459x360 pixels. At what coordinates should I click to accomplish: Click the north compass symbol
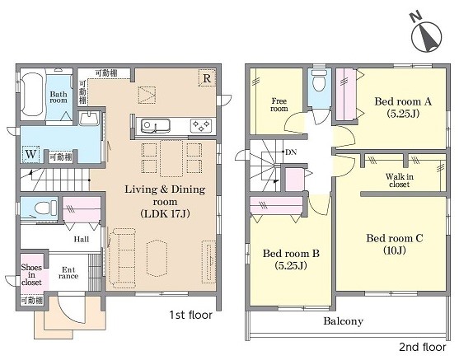(426, 36)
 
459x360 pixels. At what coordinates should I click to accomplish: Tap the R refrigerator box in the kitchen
(207, 78)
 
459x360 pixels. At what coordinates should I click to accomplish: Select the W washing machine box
(30, 154)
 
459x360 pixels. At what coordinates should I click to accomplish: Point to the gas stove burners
(201, 126)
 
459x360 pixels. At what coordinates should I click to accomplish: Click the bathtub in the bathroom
(32, 94)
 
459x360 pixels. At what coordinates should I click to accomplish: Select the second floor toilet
(320, 80)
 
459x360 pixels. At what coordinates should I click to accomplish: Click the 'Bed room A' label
(403, 107)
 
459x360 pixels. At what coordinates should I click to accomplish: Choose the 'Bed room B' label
(291, 259)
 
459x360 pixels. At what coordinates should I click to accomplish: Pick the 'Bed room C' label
(394, 244)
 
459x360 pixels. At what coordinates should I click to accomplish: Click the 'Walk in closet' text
(400, 180)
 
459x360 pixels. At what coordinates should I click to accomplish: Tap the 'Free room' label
(279, 105)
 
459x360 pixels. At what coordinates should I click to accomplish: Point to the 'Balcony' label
(343, 321)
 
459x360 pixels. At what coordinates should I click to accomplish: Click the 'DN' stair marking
(291, 152)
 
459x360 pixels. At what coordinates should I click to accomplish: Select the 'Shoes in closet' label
(31, 275)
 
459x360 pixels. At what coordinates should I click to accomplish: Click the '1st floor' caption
(191, 315)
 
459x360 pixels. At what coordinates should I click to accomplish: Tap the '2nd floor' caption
(423, 347)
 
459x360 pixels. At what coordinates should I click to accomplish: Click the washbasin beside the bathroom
(89, 119)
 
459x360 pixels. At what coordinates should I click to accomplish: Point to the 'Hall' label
(81, 240)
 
